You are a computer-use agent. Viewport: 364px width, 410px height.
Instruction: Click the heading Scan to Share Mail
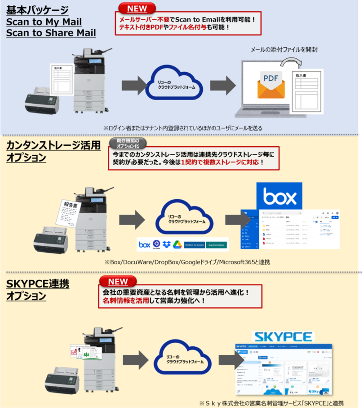click(x=51, y=33)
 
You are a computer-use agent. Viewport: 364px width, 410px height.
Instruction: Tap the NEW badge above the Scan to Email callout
click(x=137, y=9)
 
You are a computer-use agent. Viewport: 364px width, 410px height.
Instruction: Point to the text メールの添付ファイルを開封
click(x=287, y=49)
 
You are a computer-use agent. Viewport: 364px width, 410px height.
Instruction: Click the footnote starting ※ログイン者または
click(x=182, y=128)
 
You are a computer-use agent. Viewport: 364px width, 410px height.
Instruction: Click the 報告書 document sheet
click(x=67, y=215)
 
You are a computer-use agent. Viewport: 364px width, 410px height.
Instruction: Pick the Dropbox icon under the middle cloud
click(x=167, y=244)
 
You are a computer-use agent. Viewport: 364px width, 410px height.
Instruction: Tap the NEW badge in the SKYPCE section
click(x=118, y=281)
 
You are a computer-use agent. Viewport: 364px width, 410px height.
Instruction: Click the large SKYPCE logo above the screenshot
click(x=283, y=336)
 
